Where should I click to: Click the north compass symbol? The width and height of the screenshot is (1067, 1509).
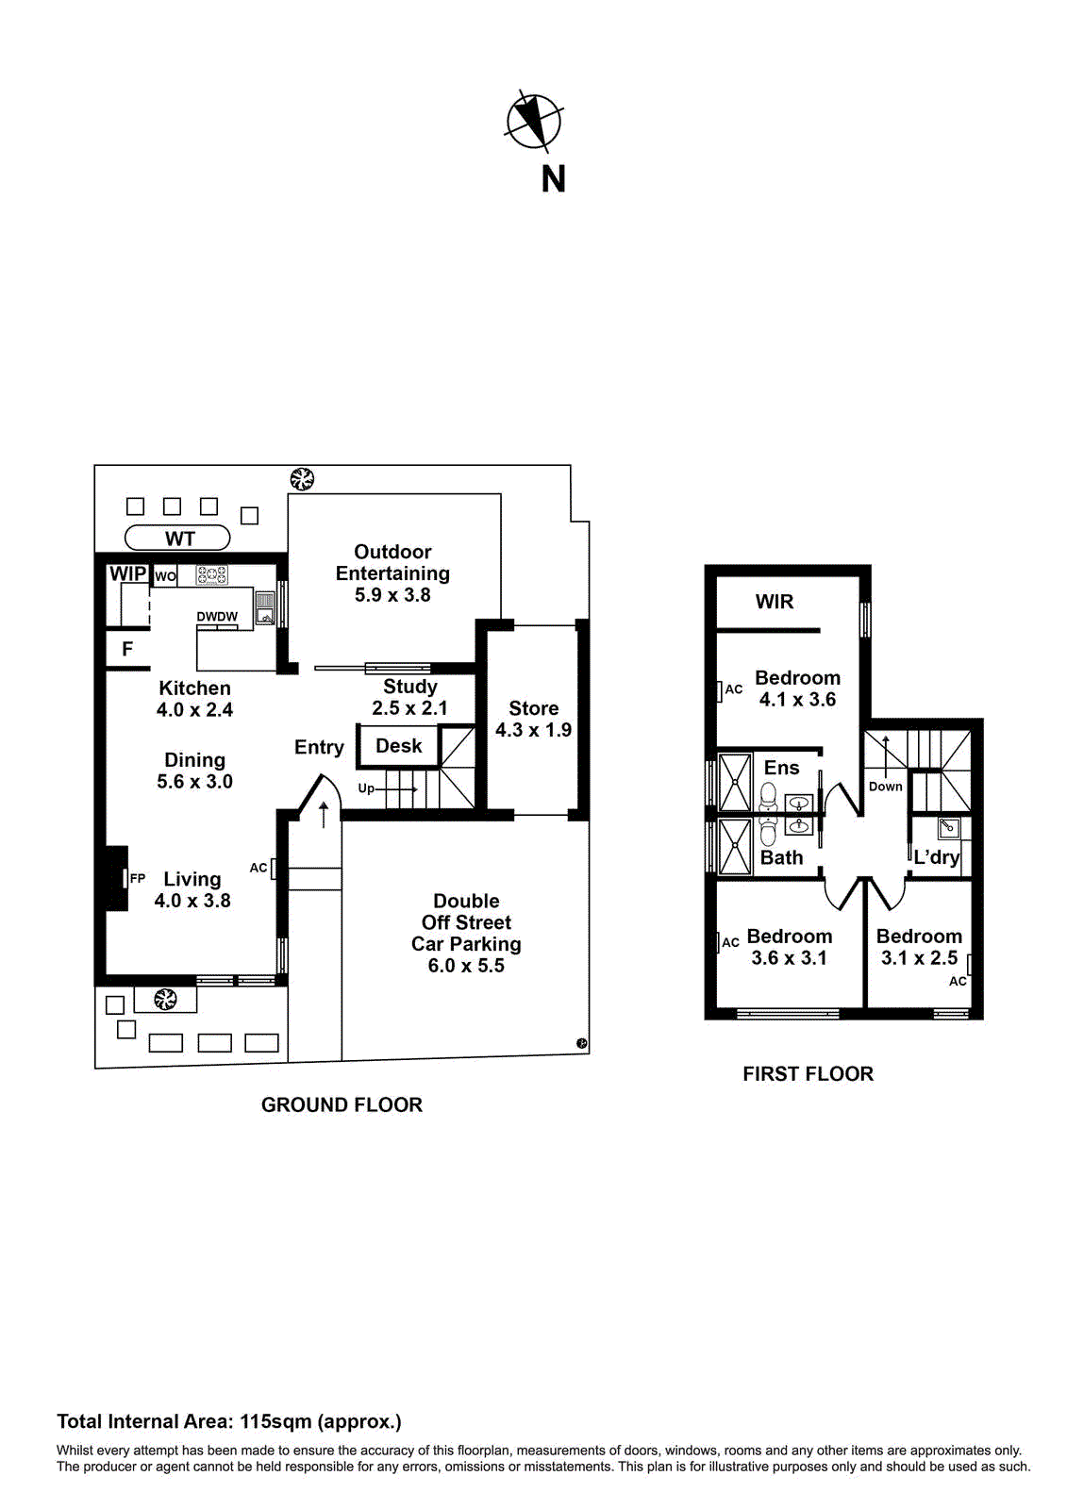[x=534, y=122]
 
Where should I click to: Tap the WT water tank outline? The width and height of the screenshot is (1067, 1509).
[x=177, y=539]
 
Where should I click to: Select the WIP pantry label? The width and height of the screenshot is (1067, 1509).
[x=127, y=573]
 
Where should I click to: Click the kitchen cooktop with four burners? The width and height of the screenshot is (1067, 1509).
[x=211, y=574]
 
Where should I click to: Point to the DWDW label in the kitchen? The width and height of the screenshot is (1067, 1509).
[x=217, y=617]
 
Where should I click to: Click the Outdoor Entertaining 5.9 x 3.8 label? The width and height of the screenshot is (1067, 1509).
[x=392, y=573]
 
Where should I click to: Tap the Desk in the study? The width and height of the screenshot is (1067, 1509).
[x=398, y=746]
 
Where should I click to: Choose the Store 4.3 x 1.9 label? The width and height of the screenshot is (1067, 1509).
[x=533, y=719]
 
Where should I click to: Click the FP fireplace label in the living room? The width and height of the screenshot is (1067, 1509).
[x=138, y=878]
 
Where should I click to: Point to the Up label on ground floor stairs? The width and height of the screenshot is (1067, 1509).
[x=366, y=788]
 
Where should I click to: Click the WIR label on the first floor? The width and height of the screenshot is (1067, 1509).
[x=775, y=602]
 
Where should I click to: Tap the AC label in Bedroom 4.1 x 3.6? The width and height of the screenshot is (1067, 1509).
[x=734, y=689]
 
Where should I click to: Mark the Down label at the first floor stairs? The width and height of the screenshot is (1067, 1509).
[x=885, y=787]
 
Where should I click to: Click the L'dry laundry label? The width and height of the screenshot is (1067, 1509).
[x=936, y=857]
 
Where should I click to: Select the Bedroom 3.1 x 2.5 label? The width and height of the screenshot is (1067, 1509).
[x=919, y=947]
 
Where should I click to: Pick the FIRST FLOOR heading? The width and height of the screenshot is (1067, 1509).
[x=808, y=1074]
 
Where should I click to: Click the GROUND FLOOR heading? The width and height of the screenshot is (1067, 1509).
[x=342, y=1105]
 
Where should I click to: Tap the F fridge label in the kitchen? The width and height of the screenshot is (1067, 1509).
[x=127, y=649]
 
